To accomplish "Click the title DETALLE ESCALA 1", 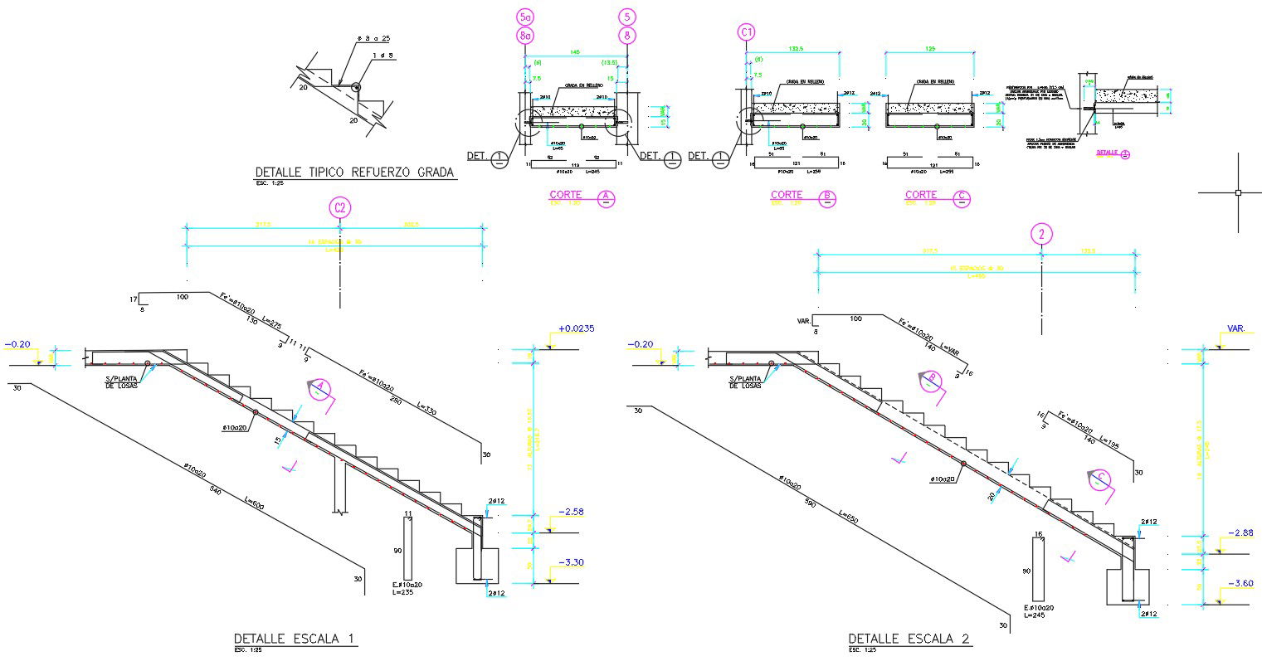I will [x=295, y=639].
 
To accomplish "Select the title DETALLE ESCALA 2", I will [x=909, y=639].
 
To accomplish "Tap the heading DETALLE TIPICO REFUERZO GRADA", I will [x=354, y=173].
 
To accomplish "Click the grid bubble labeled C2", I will [x=339, y=207].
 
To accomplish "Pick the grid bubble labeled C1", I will [x=747, y=32].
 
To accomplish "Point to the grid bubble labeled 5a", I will [x=524, y=17].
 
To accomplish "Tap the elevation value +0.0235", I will [x=577, y=328].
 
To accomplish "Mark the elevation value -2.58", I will [x=571, y=512].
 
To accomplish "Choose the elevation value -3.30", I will [x=571, y=562].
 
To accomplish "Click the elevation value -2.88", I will [x=1240, y=533].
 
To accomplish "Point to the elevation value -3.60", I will [x=1240, y=583].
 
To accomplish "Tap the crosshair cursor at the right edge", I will [x=1238, y=192].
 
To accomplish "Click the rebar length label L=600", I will [x=256, y=503].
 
